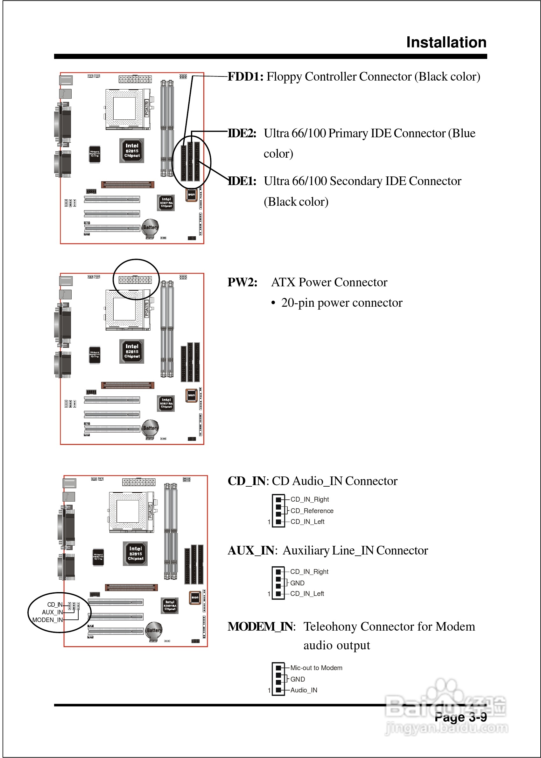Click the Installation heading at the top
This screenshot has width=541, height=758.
pos(446,43)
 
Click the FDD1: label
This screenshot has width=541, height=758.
pos(245,77)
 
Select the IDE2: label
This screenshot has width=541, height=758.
pos(242,133)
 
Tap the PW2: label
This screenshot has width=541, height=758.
pos(242,282)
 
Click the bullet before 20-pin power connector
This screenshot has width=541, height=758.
pos(273,303)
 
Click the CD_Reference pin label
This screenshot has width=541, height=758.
pos(312,511)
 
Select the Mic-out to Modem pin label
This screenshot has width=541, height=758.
pos(316,668)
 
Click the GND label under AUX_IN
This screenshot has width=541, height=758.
pos(297,583)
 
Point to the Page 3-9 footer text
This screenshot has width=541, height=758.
pos(460,717)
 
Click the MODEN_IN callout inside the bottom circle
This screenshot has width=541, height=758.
pos(47,620)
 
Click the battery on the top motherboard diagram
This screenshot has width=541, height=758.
pos(151,228)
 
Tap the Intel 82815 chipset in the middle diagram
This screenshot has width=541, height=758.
pos(132,351)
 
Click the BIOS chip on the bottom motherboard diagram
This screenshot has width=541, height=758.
pos(195,597)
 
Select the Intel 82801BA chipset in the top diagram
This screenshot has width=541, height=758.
pos(166,203)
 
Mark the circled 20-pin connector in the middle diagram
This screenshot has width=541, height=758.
pos(135,280)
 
